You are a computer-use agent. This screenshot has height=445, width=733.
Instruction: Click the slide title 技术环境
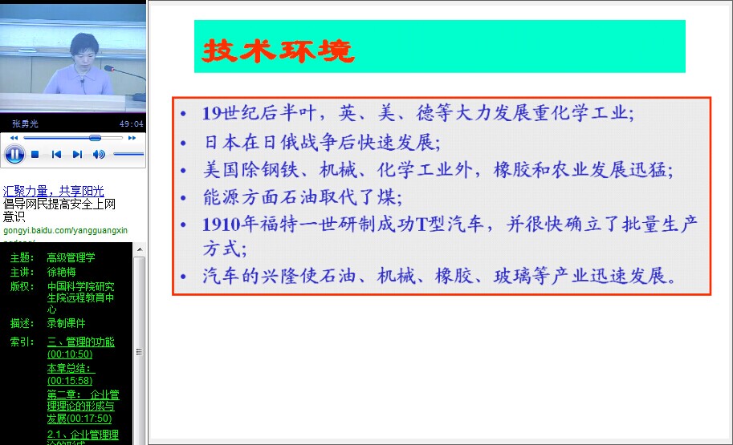(x=278, y=51)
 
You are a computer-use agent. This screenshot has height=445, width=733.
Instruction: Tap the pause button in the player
(x=14, y=154)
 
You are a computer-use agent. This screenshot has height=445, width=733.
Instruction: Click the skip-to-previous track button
(x=56, y=155)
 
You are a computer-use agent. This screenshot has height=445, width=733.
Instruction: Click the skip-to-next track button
(x=78, y=155)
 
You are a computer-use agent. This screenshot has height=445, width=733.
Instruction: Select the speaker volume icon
(x=99, y=155)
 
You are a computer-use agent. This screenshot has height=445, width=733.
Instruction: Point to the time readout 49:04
(x=132, y=123)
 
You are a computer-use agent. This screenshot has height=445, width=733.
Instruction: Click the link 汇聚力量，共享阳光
(x=53, y=191)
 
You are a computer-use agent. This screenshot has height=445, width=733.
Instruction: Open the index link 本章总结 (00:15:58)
(x=71, y=374)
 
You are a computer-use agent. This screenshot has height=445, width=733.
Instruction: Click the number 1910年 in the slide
(x=230, y=225)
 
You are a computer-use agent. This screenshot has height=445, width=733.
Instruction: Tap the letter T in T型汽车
(x=421, y=225)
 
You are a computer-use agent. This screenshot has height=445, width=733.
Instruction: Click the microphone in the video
(x=124, y=80)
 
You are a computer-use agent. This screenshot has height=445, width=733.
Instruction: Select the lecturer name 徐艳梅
(x=61, y=272)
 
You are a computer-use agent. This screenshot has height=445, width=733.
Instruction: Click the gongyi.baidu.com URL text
(x=66, y=230)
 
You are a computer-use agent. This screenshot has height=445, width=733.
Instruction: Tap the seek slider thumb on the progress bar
(x=95, y=138)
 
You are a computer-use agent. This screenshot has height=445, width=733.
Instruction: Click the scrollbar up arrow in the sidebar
(x=140, y=250)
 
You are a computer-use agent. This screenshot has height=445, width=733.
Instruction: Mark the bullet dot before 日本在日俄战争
(x=183, y=143)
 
